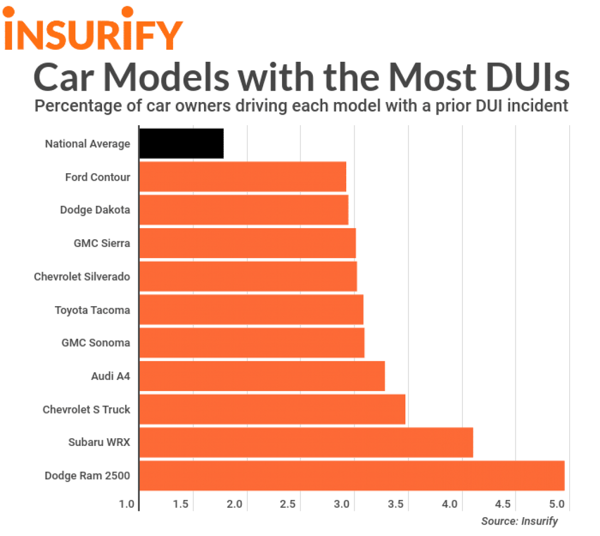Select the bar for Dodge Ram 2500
click(352, 476)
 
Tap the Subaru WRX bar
click(306, 442)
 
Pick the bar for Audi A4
click(262, 376)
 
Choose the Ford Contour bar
click(242, 177)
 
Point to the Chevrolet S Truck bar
click(272, 409)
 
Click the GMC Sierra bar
click(247, 243)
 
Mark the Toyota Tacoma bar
click(251, 309)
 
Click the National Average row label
click(87, 144)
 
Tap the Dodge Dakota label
click(94, 210)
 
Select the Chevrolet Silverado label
click(82, 276)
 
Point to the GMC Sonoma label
click(96, 343)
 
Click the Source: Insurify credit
click(519, 521)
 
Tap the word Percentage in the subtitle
click(78, 106)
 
